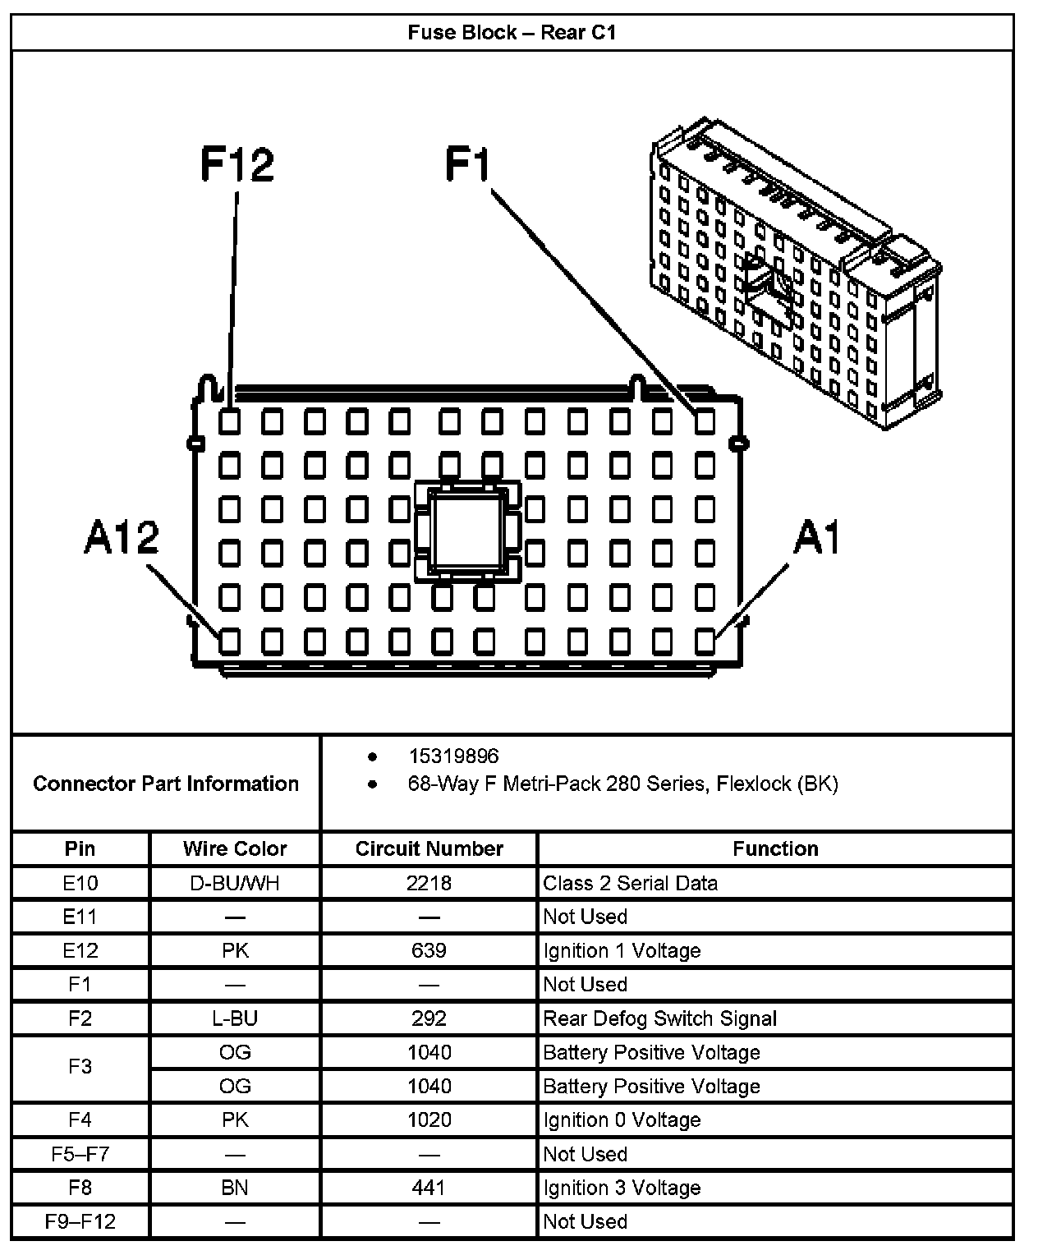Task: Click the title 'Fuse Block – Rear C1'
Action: click(x=512, y=33)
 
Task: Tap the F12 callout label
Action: click(x=237, y=164)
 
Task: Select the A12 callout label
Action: click(x=122, y=539)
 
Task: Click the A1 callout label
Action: click(x=817, y=539)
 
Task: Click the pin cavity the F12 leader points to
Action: click(x=230, y=422)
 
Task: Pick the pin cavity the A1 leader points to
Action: click(x=705, y=641)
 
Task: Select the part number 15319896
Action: click(x=453, y=756)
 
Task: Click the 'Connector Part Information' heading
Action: click(x=166, y=784)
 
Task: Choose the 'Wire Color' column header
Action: click(x=235, y=848)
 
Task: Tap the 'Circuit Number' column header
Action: click(x=429, y=848)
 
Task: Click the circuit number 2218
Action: click(x=429, y=883)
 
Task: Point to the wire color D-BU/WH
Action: click(x=235, y=883)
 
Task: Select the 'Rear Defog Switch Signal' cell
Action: click(x=659, y=1018)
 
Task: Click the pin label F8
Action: click(x=80, y=1188)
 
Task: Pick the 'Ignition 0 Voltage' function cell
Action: click(x=622, y=1119)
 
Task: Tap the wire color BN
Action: click(x=235, y=1188)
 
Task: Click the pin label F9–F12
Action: click(x=80, y=1221)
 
